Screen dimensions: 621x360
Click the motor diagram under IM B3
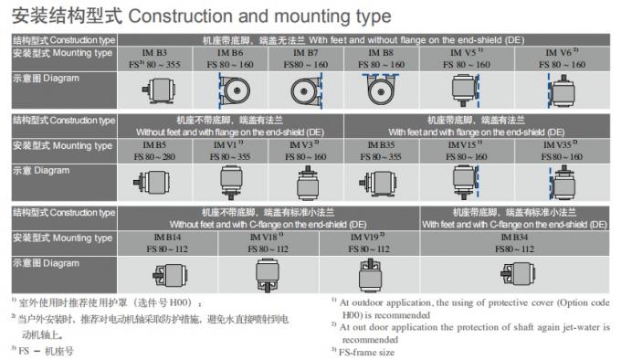159,90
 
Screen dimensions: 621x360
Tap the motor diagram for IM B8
381,90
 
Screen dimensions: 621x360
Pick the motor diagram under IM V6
562,91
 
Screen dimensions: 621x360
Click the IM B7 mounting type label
304,53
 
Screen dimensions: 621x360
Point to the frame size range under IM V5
467,65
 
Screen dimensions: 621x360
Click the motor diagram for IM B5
152,183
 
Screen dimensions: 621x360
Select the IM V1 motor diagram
231,183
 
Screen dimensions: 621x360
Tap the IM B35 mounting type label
381,145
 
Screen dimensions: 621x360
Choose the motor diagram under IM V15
466,182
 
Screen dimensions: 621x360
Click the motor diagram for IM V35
562,184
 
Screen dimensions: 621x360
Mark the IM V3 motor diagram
308,184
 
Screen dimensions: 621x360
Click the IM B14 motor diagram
170,275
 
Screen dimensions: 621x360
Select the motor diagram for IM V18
268,275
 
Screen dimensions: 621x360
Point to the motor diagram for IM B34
518,274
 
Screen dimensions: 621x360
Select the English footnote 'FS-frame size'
366,352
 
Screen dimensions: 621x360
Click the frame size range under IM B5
154,157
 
